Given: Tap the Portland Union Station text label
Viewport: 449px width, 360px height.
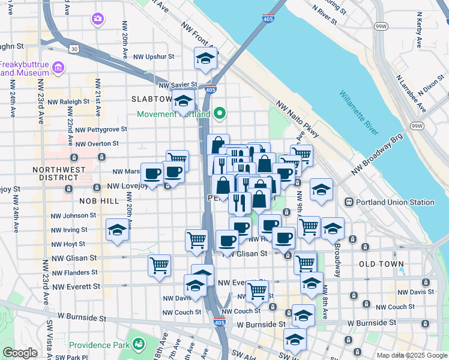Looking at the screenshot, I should [396, 202].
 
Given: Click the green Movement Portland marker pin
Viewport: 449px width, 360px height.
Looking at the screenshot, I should [220, 113].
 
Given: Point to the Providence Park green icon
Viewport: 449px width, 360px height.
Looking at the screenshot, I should [139, 344].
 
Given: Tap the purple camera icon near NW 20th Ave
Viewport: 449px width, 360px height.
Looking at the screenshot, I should [97, 19].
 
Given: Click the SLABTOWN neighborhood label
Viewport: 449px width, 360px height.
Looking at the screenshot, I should [151, 98].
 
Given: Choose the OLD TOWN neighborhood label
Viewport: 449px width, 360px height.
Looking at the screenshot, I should [381, 264].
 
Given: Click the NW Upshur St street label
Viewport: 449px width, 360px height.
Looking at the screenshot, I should [154, 57].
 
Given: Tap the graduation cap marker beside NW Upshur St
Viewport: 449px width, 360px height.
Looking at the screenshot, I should [205, 58].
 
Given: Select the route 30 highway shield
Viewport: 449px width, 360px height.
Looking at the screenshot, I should [73, 48].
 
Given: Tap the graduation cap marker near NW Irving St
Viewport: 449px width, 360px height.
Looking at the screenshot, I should [118, 229].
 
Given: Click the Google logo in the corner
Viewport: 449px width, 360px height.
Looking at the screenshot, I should [20, 353].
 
